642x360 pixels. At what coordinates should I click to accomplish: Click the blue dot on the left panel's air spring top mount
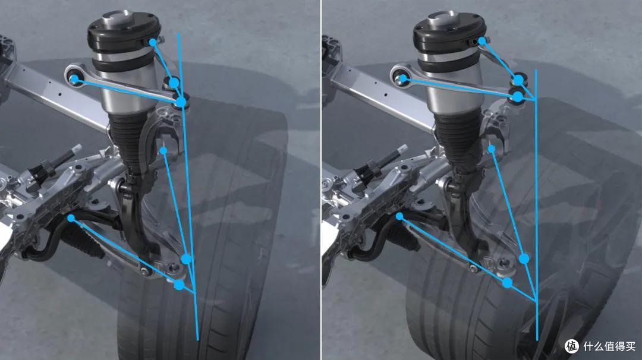[153, 42]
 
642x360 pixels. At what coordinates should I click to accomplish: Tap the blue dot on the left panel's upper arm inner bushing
[74, 79]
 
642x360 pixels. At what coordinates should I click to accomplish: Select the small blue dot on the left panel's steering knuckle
[163, 151]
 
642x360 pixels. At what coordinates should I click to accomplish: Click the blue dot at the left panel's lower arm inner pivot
[71, 219]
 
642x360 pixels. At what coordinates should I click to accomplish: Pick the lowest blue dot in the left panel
[179, 285]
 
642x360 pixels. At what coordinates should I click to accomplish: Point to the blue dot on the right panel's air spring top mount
[482, 41]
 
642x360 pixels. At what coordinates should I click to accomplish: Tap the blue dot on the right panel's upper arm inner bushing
[403, 78]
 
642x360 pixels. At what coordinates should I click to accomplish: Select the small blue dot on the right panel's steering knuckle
[492, 149]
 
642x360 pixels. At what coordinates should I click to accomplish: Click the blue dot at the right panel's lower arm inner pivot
[399, 216]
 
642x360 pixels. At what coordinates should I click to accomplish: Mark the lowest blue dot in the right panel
[507, 283]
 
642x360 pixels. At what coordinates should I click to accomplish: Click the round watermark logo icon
[572, 346]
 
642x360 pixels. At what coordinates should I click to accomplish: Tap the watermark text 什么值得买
[609, 347]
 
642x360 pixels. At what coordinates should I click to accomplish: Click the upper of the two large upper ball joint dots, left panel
[174, 83]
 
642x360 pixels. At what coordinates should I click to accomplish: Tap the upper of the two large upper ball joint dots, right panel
[518, 80]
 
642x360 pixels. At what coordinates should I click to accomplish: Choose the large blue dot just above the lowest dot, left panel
[186, 258]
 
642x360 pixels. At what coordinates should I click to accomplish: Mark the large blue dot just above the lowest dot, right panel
[524, 258]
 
